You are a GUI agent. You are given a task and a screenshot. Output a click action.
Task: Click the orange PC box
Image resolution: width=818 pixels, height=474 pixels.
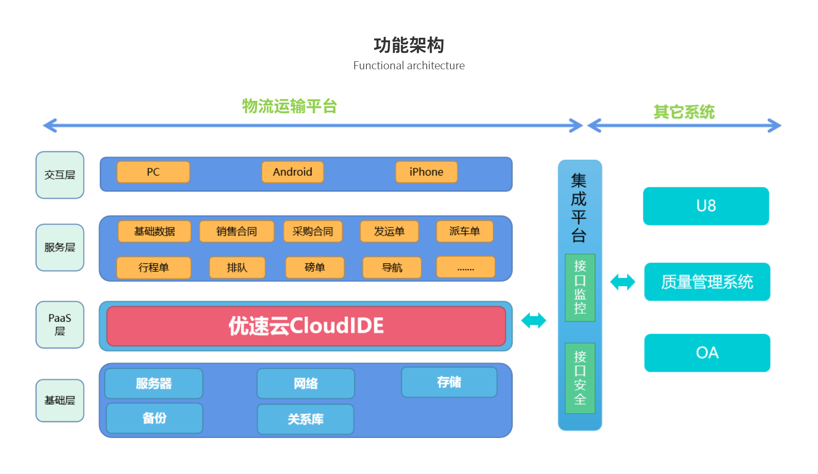pos(153,172)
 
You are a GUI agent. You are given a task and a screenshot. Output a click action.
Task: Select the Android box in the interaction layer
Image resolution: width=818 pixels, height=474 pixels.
pos(293,172)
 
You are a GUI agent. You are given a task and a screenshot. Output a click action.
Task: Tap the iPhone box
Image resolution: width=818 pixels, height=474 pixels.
pos(426,172)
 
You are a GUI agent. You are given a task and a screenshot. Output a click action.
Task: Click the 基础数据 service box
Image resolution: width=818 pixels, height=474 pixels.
pos(154,231)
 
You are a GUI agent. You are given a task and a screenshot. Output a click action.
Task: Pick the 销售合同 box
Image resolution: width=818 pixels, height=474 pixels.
pos(237,231)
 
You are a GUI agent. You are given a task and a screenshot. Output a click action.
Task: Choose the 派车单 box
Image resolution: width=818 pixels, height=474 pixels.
pos(465,231)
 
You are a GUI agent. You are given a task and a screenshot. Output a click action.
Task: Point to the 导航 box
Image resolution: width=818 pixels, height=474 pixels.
pos(392,267)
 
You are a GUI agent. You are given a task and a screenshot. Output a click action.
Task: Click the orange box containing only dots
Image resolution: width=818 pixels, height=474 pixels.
pos(465,267)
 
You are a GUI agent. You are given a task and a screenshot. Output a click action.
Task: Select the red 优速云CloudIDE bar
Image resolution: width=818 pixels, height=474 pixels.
pos(306,326)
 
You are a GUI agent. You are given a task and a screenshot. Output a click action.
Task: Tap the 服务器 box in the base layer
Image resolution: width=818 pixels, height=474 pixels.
pos(154,383)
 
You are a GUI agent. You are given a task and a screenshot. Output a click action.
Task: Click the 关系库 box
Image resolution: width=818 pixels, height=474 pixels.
pos(305,419)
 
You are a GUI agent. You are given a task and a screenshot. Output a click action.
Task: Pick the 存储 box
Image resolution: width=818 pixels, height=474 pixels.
pos(449,382)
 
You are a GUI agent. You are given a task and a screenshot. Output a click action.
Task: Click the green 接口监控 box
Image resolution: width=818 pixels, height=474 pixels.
pos(580,287)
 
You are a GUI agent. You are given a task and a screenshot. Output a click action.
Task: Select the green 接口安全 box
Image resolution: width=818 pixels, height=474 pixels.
pos(580,378)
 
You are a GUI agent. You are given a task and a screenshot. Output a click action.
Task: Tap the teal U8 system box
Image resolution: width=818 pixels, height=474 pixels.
pos(706,206)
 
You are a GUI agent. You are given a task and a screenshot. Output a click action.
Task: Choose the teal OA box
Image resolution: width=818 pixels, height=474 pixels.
pos(707,353)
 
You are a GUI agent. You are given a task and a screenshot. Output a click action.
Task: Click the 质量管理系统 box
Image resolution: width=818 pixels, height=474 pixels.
pos(707,282)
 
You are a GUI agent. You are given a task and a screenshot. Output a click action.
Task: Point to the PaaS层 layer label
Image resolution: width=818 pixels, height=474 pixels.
pos(60,325)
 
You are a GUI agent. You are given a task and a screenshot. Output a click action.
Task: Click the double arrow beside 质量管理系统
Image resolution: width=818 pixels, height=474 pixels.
pos(622,282)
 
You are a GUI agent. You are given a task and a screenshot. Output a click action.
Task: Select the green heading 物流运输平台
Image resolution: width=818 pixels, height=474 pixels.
pos(289,107)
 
